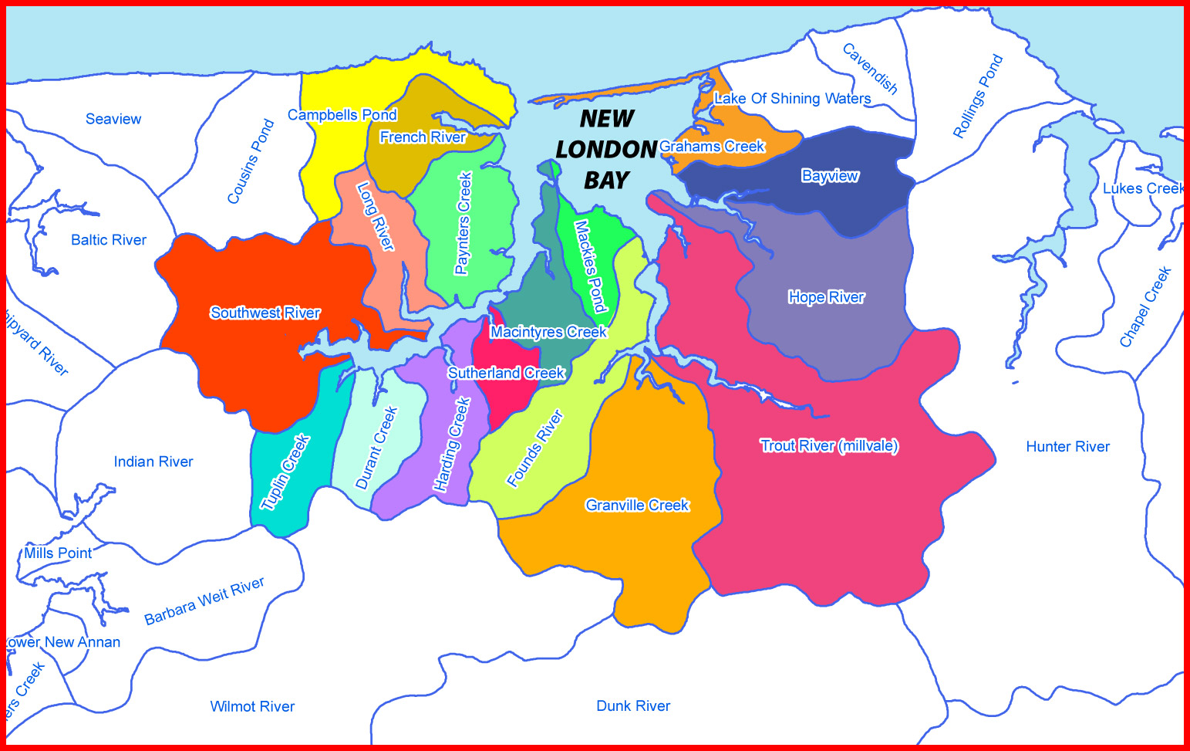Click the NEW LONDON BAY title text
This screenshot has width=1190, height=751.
606,149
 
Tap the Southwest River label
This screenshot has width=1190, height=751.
265,313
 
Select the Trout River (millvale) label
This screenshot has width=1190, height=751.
829,445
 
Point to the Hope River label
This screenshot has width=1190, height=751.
826,297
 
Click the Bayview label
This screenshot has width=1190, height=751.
830,175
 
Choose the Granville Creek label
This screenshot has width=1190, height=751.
637,505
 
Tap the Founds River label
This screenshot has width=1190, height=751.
535,448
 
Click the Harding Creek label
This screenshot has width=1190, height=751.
452,445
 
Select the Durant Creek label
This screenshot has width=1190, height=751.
376,448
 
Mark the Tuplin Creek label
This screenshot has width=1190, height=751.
285,472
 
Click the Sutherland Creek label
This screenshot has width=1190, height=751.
506,373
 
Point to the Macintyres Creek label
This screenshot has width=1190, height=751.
548,332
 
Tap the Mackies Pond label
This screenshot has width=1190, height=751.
590,266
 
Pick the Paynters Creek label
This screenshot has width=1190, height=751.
464,223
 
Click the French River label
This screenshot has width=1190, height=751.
423,137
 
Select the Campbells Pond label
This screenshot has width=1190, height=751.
342,115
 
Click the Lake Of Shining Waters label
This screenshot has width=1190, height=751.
792,98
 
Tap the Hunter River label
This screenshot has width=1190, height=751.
1067,446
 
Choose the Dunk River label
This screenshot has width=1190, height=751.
633,705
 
